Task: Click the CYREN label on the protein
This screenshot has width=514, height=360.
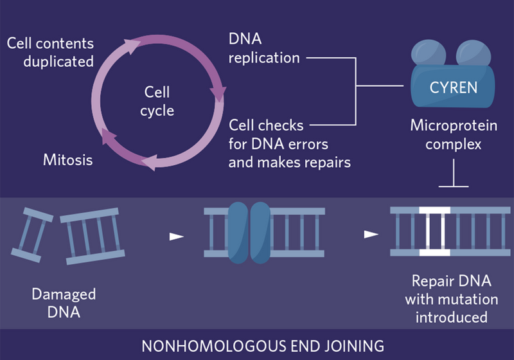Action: click(454, 86)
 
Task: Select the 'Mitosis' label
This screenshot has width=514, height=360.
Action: click(67, 159)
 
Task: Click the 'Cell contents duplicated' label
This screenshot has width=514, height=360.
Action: click(50, 53)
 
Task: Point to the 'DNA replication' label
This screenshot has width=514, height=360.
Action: click(264, 49)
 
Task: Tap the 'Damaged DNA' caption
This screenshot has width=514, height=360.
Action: click(64, 303)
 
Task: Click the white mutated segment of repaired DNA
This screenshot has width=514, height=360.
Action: click(435, 231)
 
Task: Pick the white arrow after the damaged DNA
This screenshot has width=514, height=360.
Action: click(176, 237)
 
